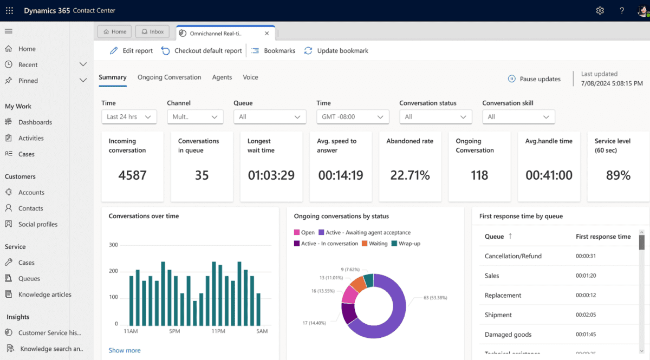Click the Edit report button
[131, 50]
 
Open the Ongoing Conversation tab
[169, 77]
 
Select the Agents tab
[222, 77]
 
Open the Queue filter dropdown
[269, 117]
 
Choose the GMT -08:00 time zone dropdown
[353, 117]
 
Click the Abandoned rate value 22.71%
[409, 175]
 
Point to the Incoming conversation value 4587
[132, 175]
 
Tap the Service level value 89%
[618, 175]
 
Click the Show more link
[125, 350]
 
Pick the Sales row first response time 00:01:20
[586, 276]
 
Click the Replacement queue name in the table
[503, 296]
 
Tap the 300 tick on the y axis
[113, 245]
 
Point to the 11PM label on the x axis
[218, 331]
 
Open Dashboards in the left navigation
[35, 122]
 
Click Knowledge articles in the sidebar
[44, 294]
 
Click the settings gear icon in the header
[600, 11]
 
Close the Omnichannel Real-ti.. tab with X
[266, 33]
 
